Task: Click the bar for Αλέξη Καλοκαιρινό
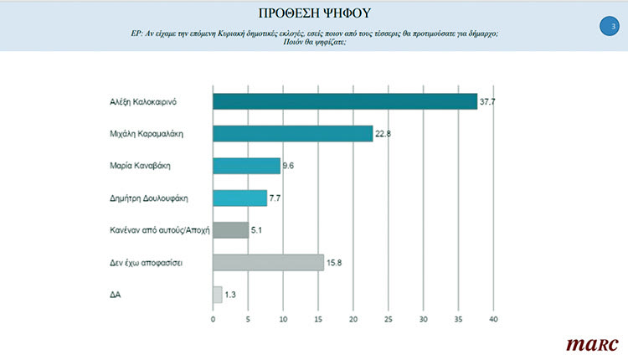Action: (x=345, y=101)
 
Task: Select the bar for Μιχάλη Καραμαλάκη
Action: (x=293, y=134)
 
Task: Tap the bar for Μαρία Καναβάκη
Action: (x=247, y=166)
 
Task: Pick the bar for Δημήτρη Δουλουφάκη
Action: (x=240, y=198)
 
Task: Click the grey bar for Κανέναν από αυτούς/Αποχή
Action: (x=231, y=230)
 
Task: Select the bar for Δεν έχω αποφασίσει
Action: (x=268, y=263)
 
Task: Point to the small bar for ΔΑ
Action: (x=218, y=295)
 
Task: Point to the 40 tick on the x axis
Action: (x=494, y=319)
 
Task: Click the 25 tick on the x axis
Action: (x=389, y=319)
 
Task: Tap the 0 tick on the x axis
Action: (x=214, y=319)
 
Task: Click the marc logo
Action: (x=591, y=343)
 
